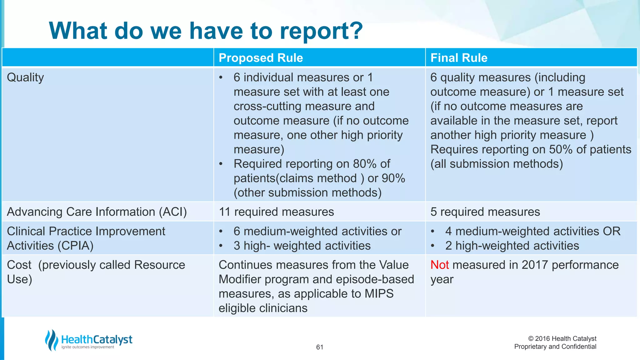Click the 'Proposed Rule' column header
click(x=261, y=58)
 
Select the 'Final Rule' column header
click(x=459, y=58)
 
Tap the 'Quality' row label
click(x=25, y=77)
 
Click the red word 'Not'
click(x=439, y=265)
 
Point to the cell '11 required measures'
click(x=276, y=212)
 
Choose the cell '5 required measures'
click(x=485, y=212)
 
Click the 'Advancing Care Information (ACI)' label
click(x=97, y=212)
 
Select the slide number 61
click(x=319, y=347)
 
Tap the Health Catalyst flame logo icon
click(x=52, y=340)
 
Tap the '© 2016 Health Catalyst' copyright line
click(x=562, y=338)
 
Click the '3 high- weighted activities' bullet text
click(x=302, y=246)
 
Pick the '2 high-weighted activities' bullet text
click(x=512, y=246)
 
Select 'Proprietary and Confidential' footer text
click(x=555, y=347)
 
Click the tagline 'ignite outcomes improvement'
click(x=88, y=347)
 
